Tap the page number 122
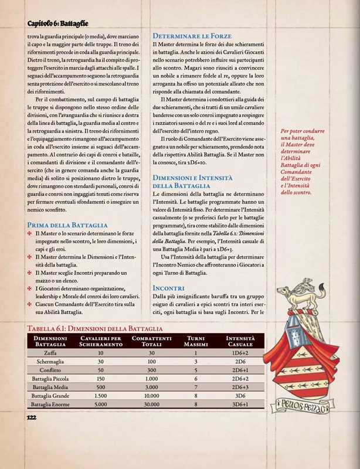[x=32, y=417]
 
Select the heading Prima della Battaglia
[x=67, y=225]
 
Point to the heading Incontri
[x=169, y=288]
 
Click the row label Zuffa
[x=50, y=354]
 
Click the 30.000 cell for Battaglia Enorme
[x=152, y=405]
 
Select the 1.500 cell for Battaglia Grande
[x=101, y=396]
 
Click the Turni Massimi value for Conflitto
[x=193, y=371]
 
